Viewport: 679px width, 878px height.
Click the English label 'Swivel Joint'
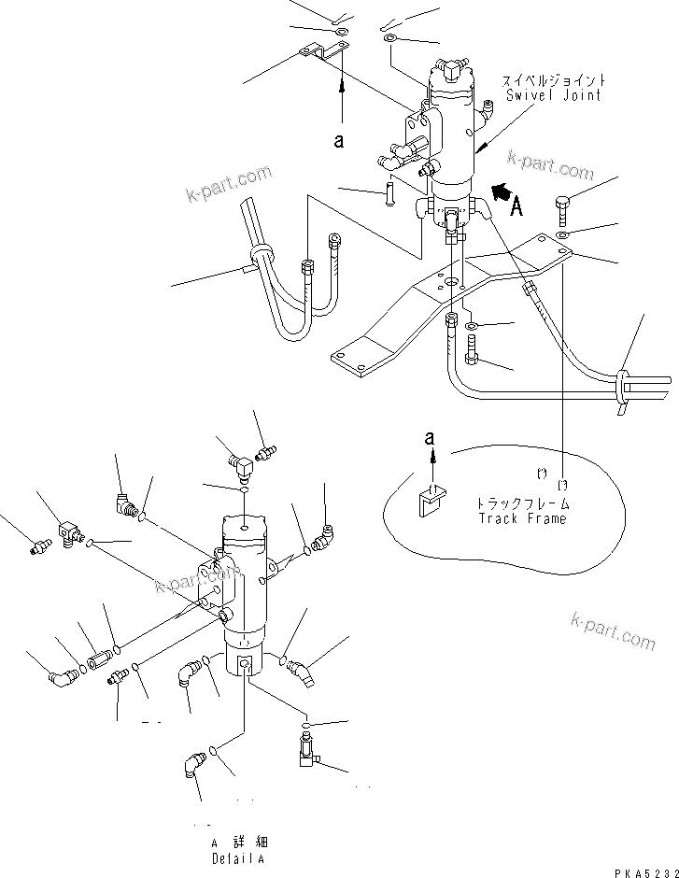pyautogui.click(x=553, y=95)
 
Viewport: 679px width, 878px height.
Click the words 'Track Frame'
pyautogui.click(x=522, y=518)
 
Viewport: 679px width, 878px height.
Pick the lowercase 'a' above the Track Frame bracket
pyautogui.click(x=431, y=436)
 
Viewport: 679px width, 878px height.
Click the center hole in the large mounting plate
pyautogui.click(x=453, y=281)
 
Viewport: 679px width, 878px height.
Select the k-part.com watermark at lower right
pyautogui.click(x=613, y=631)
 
